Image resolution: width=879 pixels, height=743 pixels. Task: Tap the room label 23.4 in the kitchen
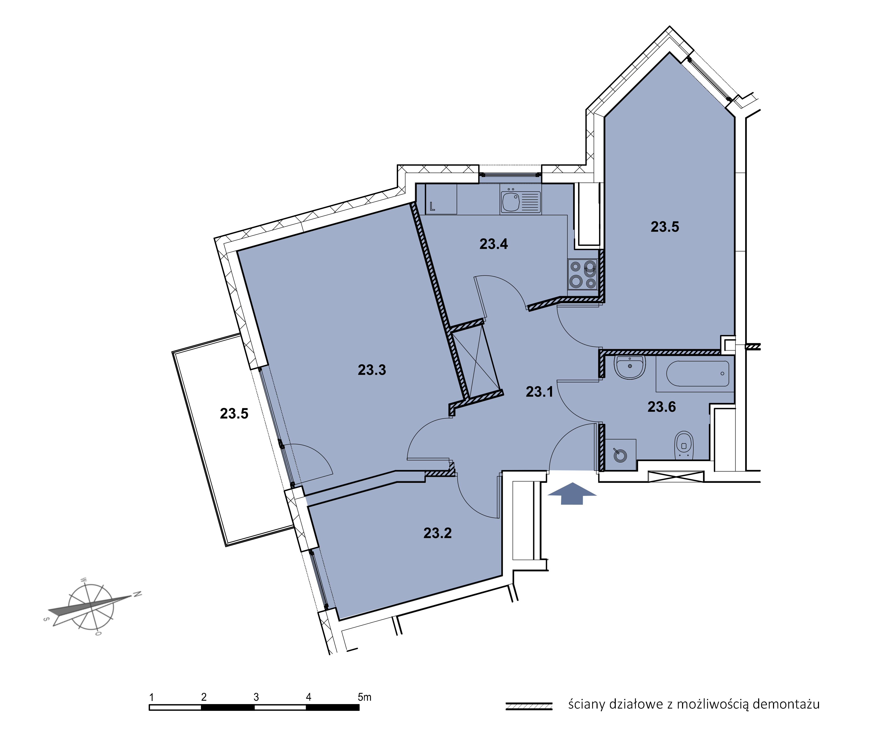click(494, 244)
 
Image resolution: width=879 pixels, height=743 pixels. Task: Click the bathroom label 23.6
click(662, 407)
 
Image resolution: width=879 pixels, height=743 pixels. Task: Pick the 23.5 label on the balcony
click(234, 413)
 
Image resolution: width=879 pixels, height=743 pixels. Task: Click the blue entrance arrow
click(572, 493)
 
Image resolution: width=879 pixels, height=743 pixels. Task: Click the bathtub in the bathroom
click(697, 374)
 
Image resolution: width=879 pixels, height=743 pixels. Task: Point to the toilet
click(684, 445)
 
